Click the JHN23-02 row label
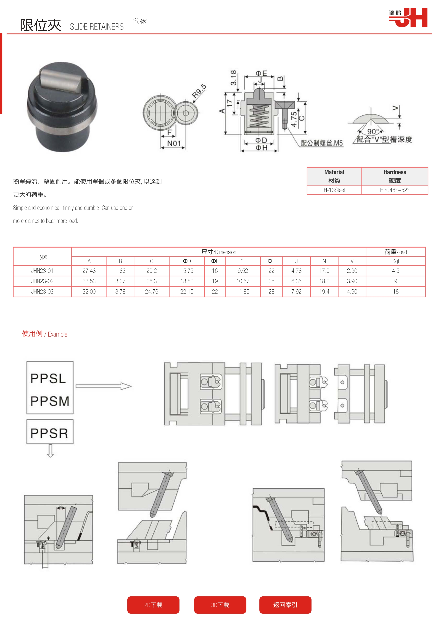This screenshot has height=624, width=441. point(42,281)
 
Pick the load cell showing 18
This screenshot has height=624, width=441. point(396,292)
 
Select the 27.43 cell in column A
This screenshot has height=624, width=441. point(89,271)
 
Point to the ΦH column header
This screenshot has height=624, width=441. point(271,261)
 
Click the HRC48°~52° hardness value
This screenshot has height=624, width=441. point(395,190)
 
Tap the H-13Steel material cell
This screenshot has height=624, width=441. point(334,190)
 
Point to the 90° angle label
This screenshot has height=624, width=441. point(373,131)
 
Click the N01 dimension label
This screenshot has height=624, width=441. point(174,143)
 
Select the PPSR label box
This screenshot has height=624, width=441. point(50,432)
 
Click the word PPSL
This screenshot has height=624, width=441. point(48,379)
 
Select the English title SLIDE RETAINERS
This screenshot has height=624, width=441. point(97,27)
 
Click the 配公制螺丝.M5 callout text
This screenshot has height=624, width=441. point(322,143)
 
